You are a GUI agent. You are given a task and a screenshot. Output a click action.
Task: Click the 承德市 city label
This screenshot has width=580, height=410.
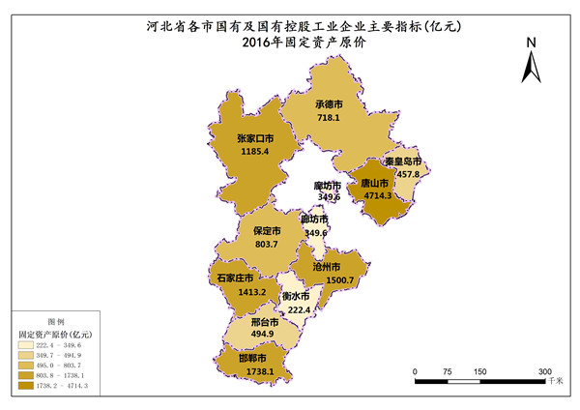[x=331, y=102]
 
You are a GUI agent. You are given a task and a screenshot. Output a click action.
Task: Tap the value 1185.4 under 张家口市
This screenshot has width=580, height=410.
[x=253, y=152]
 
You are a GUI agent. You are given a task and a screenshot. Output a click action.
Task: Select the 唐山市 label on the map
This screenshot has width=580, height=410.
[x=374, y=182]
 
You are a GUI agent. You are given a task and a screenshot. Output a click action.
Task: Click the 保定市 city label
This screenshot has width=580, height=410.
[x=267, y=232]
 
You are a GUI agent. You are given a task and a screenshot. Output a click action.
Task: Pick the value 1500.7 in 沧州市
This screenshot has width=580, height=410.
[x=340, y=280]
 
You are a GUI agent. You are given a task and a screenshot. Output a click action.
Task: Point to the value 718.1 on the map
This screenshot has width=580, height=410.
[x=331, y=117]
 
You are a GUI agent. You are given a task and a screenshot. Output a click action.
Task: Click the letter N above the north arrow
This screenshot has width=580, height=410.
[x=531, y=44]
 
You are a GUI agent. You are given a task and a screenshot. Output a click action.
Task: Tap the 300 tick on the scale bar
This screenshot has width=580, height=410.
[x=545, y=371]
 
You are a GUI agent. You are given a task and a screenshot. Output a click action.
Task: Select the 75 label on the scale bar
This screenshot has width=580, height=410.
[x=448, y=371]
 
